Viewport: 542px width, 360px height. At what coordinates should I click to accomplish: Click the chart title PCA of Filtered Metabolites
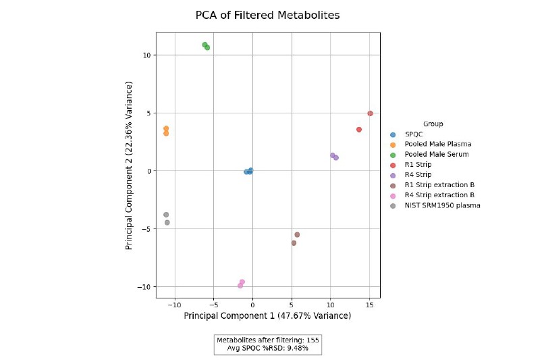(x=267, y=15)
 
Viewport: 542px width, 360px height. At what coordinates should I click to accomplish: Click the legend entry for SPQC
(x=413, y=134)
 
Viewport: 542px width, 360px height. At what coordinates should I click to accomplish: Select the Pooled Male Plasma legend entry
(x=437, y=145)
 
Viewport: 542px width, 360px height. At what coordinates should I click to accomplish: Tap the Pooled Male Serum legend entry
(x=436, y=155)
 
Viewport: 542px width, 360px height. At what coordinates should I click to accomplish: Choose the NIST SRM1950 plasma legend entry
(x=442, y=205)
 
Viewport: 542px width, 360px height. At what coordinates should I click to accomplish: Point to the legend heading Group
(x=433, y=124)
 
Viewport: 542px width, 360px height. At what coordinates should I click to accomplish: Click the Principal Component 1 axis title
(x=267, y=316)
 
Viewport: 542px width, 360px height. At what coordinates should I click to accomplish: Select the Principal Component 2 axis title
(x=129, y=165)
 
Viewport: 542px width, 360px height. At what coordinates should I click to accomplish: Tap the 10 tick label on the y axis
(x=146, y=55)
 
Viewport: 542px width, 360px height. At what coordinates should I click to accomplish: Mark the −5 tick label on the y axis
(x=146, y=229)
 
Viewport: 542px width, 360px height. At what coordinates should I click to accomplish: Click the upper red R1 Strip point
(x=370, y=113)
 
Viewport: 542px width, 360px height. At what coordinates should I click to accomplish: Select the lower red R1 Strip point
(x=359, y=130)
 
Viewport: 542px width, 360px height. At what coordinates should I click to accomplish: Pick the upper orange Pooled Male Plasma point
(x=166, y=128)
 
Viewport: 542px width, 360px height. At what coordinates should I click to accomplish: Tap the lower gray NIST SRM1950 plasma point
(x=167, y=222)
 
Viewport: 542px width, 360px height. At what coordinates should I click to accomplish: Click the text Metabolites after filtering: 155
(x=267, y=340)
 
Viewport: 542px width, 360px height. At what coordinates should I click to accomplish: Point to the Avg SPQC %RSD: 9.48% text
(x=267, y=349)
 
